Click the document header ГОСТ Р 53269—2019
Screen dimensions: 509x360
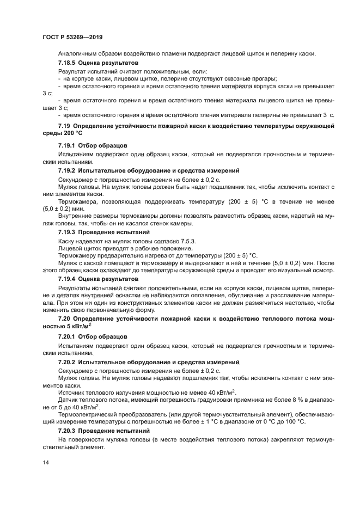coord(72,37)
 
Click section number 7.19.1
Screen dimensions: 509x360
coord(68,146)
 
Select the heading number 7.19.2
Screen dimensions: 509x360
coord(68,170)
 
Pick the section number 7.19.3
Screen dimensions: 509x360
coord(68,232)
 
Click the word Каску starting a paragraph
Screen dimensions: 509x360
coord(68,240)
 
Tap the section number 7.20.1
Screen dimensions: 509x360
coord(68,336)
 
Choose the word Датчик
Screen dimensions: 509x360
coord(70,400)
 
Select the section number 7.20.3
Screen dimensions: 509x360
coord(68,431)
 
